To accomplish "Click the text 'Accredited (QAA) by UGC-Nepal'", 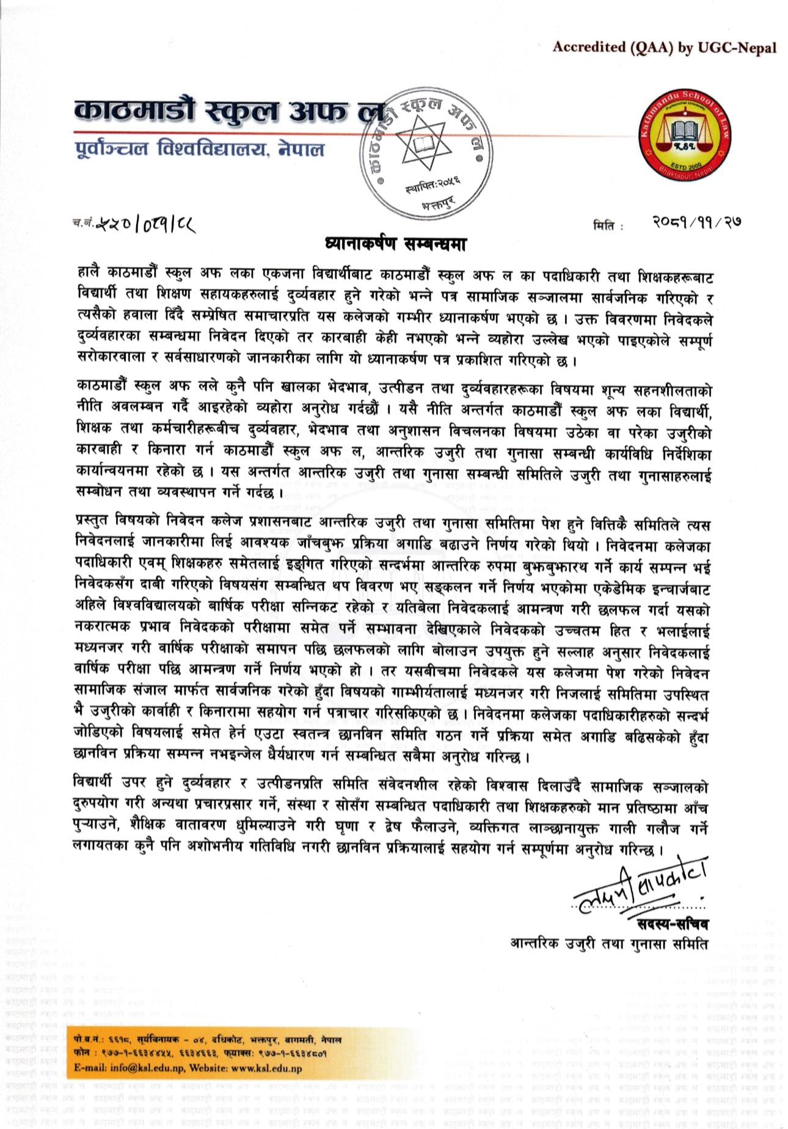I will point(664,48).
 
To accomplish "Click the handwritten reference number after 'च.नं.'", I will point(144,224).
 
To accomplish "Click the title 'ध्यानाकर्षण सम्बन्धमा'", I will point(395,244).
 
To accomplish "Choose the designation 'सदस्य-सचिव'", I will point(672,923).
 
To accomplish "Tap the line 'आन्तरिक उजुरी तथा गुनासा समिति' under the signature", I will point(609,943).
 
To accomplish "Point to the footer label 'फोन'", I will point(80,1053).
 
